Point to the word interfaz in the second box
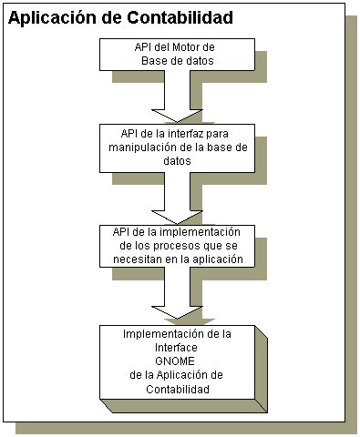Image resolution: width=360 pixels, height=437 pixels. pyautogui.click(x=183, y=134)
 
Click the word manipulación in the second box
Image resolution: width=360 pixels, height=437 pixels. pyautogui.click(x=137, y=147)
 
